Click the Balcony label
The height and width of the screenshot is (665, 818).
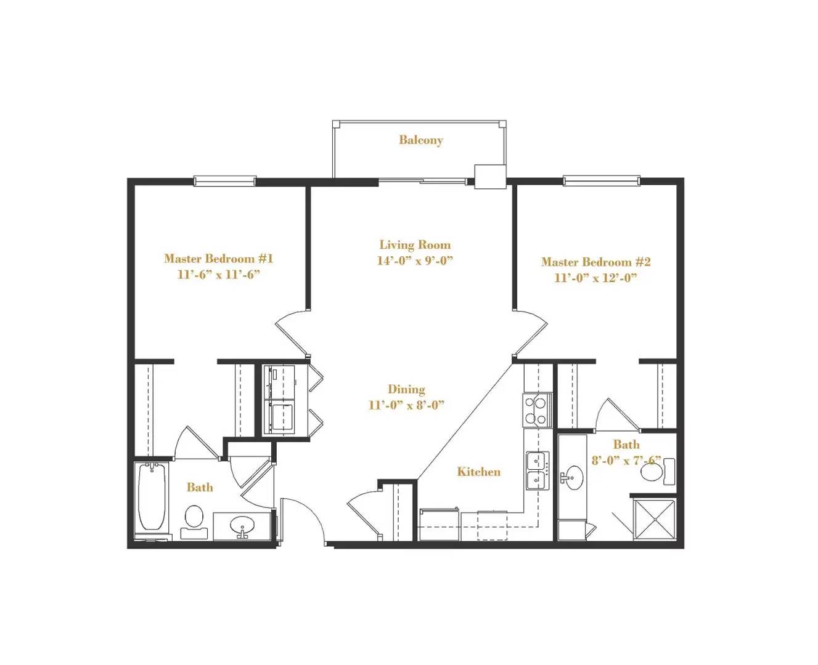420,140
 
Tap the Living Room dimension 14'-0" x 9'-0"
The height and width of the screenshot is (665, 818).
415,261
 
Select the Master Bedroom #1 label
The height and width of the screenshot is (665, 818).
218,259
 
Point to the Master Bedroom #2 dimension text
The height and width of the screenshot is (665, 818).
595,278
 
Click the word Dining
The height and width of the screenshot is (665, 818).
406,390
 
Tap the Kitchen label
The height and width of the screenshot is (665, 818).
478,472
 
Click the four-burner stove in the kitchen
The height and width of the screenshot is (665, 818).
537,410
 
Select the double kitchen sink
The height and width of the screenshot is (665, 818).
538,470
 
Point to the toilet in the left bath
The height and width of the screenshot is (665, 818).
194,522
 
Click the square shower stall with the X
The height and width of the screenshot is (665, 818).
653,520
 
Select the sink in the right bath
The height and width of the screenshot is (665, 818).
573,478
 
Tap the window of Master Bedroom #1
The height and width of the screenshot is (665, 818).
224,180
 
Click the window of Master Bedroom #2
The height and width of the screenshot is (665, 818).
602,180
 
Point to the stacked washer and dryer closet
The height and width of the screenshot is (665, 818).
279,400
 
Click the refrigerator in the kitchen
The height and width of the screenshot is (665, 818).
440,524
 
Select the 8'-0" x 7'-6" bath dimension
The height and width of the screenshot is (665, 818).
626,461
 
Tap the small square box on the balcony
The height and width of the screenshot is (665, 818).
491,177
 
